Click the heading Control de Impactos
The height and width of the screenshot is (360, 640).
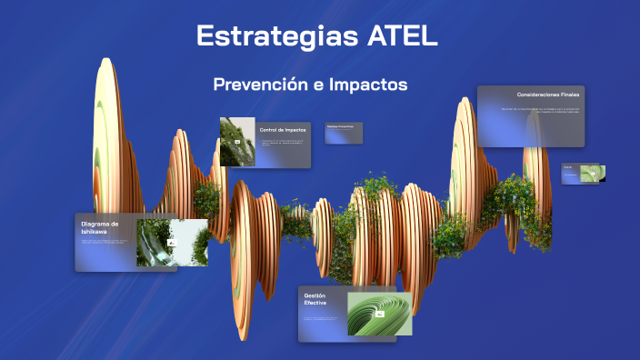[283, 130]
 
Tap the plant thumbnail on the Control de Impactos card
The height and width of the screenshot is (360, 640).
[236, 142]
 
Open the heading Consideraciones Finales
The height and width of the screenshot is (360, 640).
[548, 95]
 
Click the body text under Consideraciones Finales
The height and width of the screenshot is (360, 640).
[540, 111]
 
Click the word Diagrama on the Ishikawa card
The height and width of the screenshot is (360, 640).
[100, 224]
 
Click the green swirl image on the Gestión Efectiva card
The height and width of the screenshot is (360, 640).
[380, 313]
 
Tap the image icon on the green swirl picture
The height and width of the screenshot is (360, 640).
[379, 313]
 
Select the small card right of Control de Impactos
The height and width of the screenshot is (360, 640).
[345, 133]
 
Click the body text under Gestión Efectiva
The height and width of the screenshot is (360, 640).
[323, 319]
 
